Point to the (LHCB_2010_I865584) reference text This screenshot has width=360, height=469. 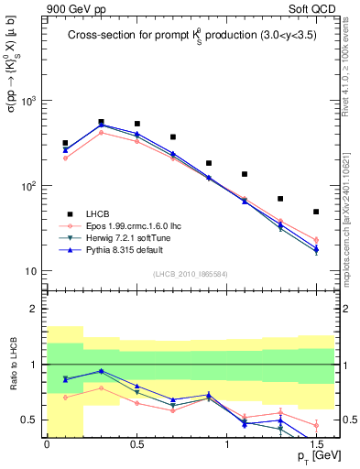click(x=190, y=274)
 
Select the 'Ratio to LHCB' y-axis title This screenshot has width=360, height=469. click(x=12, y=388)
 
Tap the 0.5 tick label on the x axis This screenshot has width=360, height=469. click(x=136, y=442)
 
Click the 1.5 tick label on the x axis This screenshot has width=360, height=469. click(x=316, y=442)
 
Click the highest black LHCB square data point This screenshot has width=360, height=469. click(x=101, y=121)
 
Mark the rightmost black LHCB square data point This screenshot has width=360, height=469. click(x=316, y=212)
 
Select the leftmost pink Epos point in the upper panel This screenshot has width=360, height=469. click(x=65, y=158)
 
